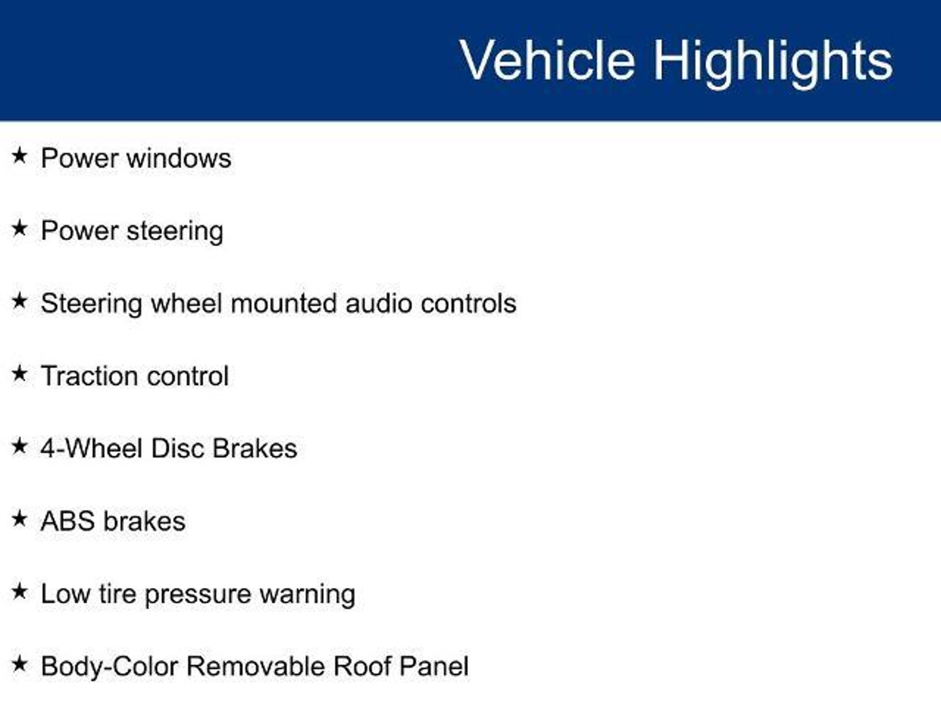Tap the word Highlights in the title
tap(773, 63)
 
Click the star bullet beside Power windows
tap(19, 155)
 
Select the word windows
tap(179, 158)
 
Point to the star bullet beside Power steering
tap(19, 228)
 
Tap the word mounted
tap(283, 303)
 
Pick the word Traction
tap(87, 376)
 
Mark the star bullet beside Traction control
tap(19, 373)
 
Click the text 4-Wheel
tap(91, 448)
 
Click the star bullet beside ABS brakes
tap(19, 518)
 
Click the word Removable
tap(256, 666)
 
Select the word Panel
tap(434, 666)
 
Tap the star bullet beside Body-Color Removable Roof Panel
tap(19, 664)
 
